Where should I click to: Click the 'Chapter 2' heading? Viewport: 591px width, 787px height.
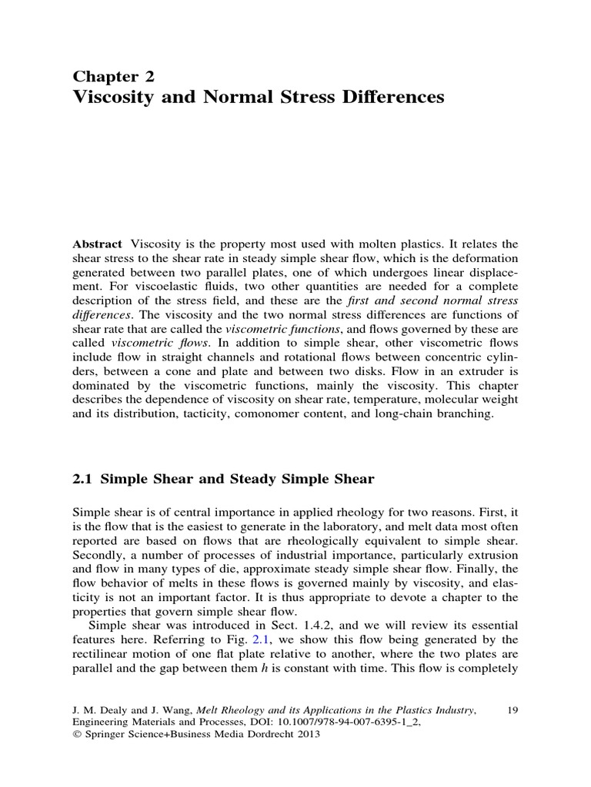click(x=113, y=75)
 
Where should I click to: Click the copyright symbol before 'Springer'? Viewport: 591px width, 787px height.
click(x=76, y=734)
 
